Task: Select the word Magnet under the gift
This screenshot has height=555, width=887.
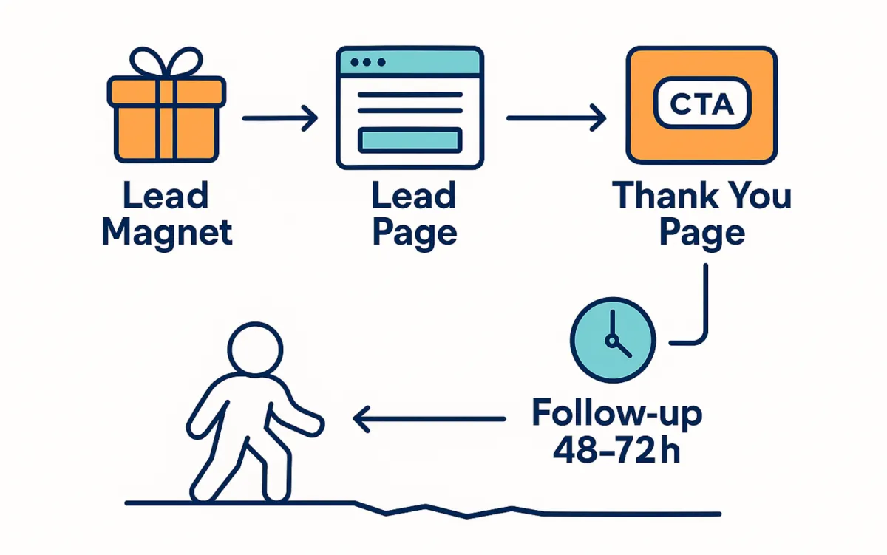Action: pos(167,232)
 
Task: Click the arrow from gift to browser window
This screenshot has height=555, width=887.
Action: pos(279,118)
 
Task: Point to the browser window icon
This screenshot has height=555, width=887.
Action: pos(409,107)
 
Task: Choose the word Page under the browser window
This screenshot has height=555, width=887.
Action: pos(414,232)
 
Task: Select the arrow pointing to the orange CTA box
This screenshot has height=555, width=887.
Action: pos(555,118)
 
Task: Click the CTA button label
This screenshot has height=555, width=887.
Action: pos(701,104)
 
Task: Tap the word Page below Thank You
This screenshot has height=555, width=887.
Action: pos(701,232)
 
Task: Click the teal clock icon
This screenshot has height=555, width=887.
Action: pos(612,340)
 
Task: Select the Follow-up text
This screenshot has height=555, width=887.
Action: pos(617,414)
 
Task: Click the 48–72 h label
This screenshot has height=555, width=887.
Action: pos(616,451)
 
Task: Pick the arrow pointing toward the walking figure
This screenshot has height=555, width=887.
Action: pos(429,420)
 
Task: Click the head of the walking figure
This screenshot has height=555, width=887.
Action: pos(255,349)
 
